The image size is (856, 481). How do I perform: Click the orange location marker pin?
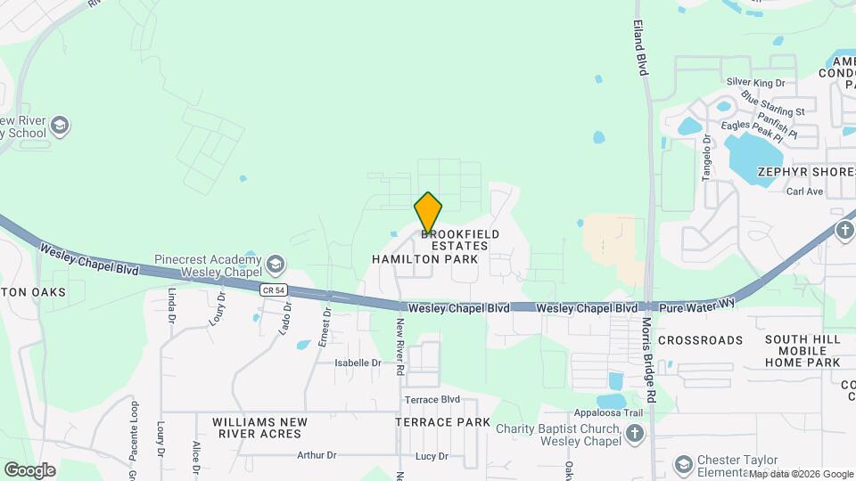(x=428, y=213)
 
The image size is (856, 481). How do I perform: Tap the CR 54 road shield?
(x=274, y=289)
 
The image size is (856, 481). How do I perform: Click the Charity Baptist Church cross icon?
(x=634, y=434)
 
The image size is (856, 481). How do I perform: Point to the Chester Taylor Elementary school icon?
(x=683, y=464)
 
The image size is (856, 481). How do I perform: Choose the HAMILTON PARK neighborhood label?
(x=425, y=259)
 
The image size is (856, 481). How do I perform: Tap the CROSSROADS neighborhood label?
(x=700, y=340)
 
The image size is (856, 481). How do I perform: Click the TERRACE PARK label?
(x=442, y=422)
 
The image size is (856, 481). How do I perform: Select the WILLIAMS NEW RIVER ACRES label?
(x=259, y=428)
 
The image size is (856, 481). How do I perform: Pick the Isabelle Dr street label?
(x=358, y=363)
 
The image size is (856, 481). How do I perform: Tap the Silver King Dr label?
(x=755, y=82)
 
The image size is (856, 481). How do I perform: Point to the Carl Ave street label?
(x=803, y=192)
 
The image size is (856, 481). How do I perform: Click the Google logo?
(x=29, y=469)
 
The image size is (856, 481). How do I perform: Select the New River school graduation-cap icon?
(x=60, y=124)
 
